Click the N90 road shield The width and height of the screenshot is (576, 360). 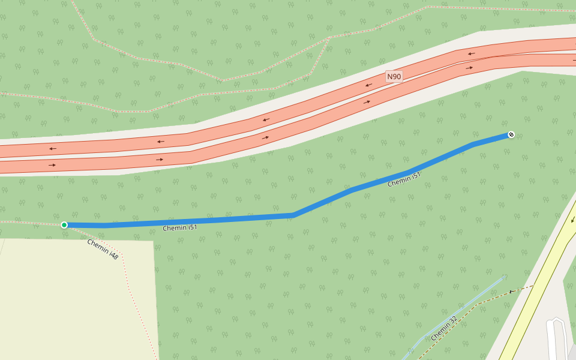point(394,76)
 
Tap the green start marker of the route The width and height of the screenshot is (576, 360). point(64,225)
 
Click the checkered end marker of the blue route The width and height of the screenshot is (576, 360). point(511,134)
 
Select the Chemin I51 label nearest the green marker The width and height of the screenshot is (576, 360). point(180,228)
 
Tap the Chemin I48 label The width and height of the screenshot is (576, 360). point(103,248)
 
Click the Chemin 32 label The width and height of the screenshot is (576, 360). point(444,328)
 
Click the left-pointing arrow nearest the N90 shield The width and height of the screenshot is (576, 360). point(368,85)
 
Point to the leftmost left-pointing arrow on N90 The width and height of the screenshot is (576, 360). point(53,148)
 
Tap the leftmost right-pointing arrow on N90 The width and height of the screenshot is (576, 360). point(52,165)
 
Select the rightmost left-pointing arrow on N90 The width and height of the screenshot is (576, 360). point(472,54)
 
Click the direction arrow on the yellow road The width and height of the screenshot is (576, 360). point(573,220)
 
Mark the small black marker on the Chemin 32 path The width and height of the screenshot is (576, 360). point(511,292)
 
